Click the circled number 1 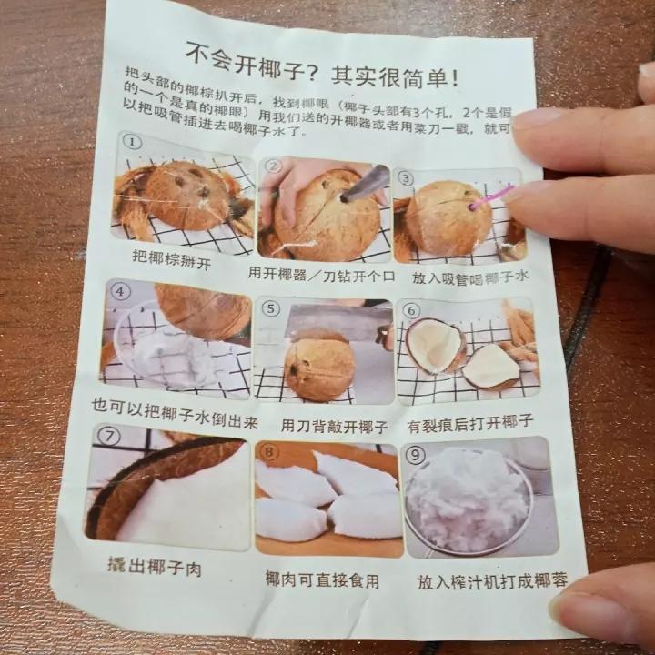coord(132,143)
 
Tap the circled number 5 coord(271,308)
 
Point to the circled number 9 coord(415,455)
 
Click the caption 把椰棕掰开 coord(172,259)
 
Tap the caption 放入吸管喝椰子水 coord(470,277)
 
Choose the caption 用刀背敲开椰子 coord(334,426)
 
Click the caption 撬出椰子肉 coord(155,567)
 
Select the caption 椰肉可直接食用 coord(322,579)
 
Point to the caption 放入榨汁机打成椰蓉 coord(492,580)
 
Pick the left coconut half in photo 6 coord(436,346)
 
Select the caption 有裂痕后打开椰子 coord(470,424)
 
